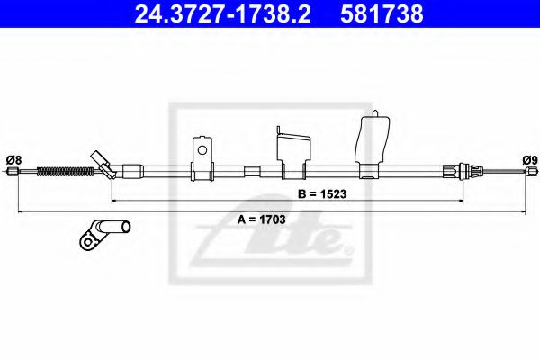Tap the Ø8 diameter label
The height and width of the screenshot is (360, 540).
pyautogui.click(x=13, y=159)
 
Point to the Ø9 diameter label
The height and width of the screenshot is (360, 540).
pyautogui.click(x=529, y=159)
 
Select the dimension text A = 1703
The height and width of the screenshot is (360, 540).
pyautogui.click(x=262, y=218)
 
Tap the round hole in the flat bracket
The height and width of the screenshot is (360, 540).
pyautogui.click(x=203, y=149)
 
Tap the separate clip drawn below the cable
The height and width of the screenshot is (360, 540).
pyautogui.click(x=104, y=232)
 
